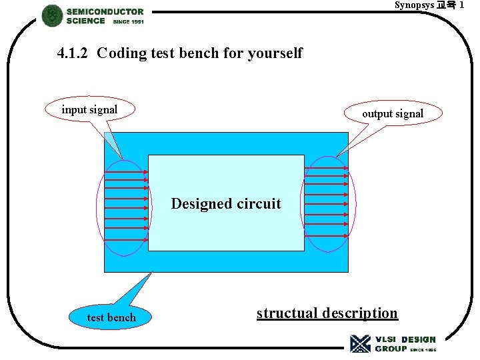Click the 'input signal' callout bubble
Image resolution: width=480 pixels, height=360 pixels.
(x=89, y=110)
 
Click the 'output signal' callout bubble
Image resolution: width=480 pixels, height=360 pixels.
(x=392, y=114)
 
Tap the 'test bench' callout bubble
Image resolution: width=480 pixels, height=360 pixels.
(x=111, y=317)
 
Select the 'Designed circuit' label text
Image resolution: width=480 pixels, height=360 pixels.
(x=226, y=204)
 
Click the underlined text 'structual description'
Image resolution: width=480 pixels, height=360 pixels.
(x=327, y=313)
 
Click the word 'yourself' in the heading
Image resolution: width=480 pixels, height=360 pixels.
(x=275, y=53)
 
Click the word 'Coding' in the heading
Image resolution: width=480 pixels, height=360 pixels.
(x=121, y=53)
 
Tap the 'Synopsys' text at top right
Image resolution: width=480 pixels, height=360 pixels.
(x=414, y=5)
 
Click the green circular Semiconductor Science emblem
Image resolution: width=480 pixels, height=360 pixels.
(x=52, y=15)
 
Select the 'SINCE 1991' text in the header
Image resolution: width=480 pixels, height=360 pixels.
(x=128, y=22)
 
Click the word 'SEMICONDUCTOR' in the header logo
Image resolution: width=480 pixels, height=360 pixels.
(x=105, y=11)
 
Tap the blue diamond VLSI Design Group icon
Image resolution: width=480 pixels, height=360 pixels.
(x=360, y=343)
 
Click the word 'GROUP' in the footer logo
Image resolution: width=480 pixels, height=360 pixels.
(x=390, y=349)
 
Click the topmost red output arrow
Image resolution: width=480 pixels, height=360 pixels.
(x=327, y=167)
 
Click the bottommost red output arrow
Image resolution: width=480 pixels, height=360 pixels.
(x=327, y=234)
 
